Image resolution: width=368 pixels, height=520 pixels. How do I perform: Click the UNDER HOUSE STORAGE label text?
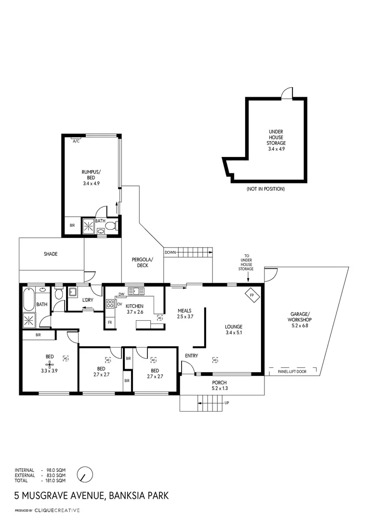276,140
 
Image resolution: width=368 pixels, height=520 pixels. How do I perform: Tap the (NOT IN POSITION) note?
265,189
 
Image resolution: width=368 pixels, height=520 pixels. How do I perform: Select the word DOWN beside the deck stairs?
170,252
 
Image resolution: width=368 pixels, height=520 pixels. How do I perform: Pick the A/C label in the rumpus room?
76,141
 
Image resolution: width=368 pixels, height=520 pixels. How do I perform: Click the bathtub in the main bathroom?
28,299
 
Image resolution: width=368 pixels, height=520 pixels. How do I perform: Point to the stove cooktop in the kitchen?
110,303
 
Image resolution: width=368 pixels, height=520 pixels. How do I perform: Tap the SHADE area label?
51,254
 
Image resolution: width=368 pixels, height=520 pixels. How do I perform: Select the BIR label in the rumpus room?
72,225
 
